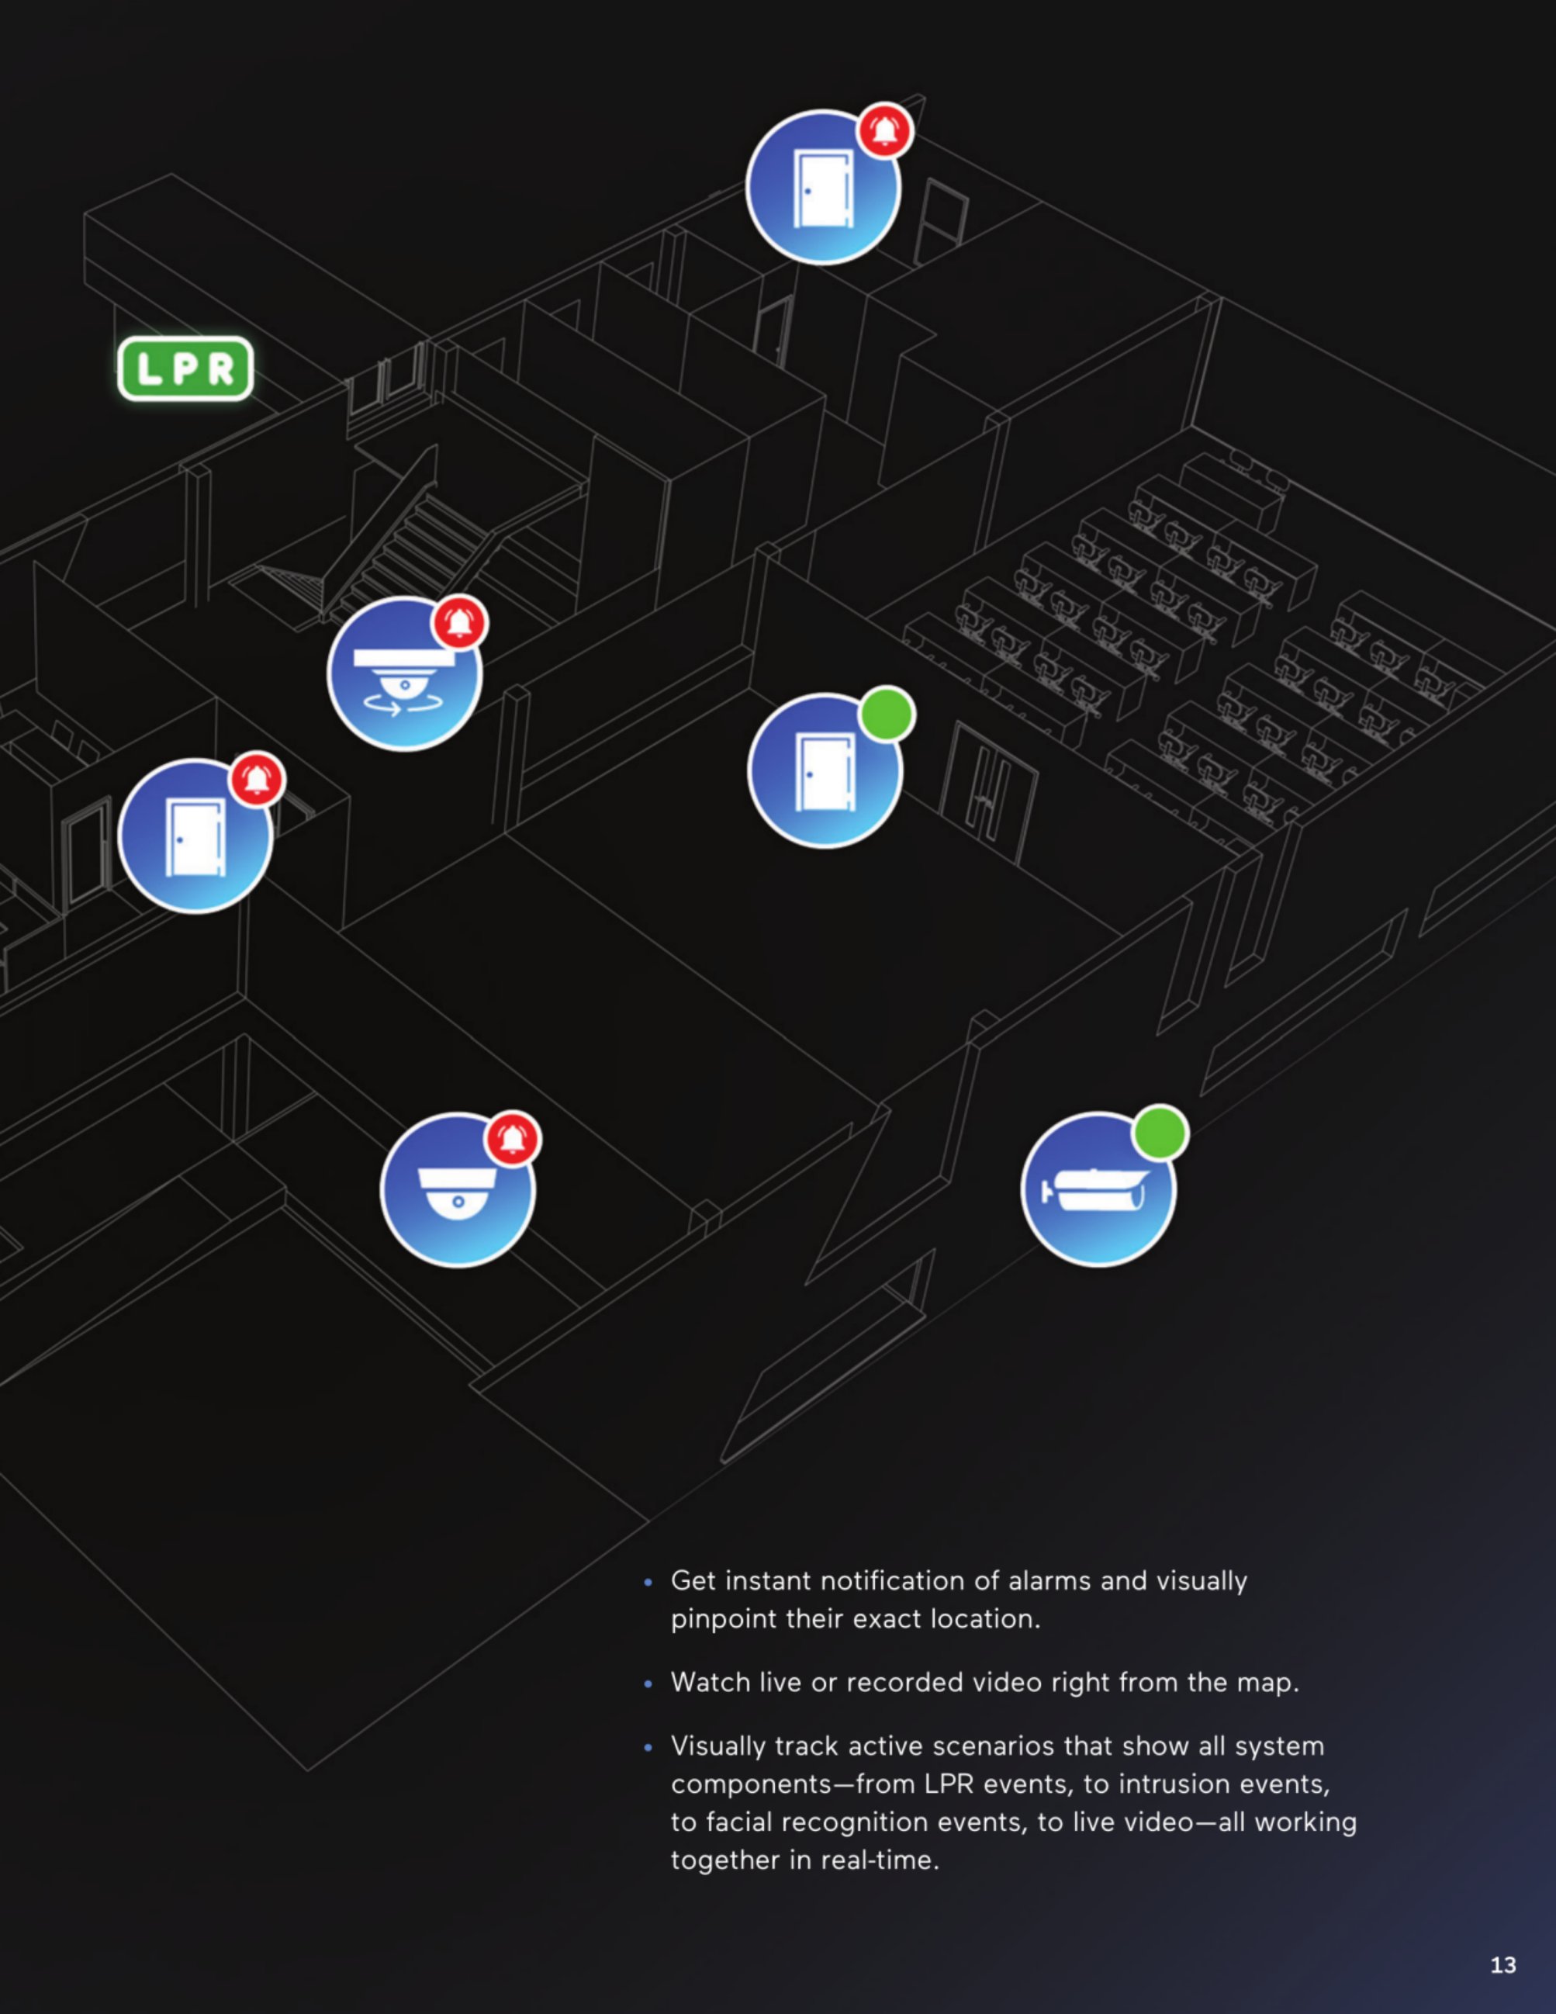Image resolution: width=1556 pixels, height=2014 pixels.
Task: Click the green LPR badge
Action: pos(185,369)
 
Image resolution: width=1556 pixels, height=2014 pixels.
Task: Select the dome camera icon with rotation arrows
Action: pos(405,673)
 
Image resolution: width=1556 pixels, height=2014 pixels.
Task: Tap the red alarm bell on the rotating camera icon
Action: pos(460,624)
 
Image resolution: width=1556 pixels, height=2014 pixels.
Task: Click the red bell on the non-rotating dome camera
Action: pos(513,1139)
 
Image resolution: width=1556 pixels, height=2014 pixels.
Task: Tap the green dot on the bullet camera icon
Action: pos(1160,1133)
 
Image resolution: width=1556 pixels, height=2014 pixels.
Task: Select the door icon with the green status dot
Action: pos(825,770)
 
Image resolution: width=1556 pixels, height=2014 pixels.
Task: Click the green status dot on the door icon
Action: pos(887,714)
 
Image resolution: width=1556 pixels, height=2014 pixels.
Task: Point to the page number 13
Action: pos(1503,1965)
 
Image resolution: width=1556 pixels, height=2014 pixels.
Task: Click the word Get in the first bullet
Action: pos(693,1580)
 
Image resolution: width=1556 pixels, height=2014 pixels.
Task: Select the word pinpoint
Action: pos(724,1619)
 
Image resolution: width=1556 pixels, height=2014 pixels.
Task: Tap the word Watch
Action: pos(711,1682)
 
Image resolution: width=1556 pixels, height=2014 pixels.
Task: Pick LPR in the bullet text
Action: pos(949,1784)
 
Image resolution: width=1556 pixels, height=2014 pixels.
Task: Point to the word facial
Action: pos(739,1822)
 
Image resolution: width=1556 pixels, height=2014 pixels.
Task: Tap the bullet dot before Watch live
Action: pos(649,1684)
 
